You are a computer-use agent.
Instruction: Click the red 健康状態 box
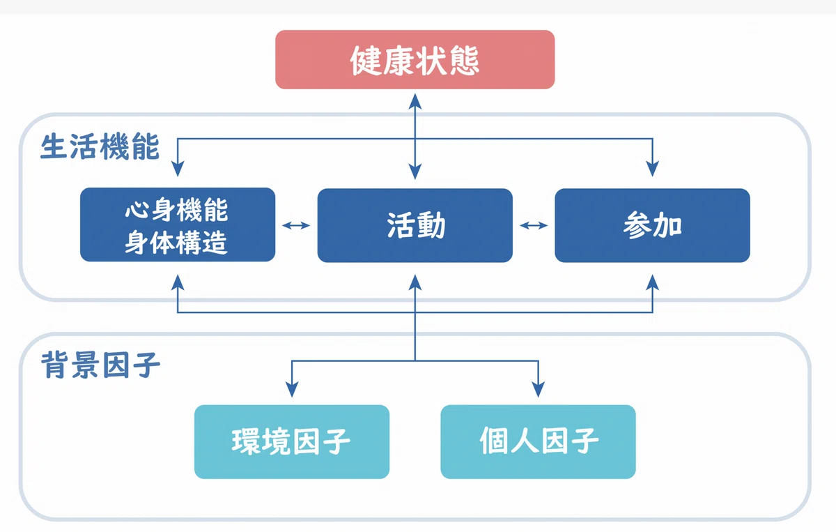(x=415, y=60)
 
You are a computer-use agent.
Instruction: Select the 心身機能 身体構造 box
(x=178, y=225)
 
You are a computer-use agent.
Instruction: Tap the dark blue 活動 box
(x=415, y=225)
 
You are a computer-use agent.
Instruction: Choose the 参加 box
(x=652, y=225)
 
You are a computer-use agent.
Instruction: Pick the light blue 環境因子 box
(x=292, y=441)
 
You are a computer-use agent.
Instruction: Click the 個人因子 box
(x=538, y=441)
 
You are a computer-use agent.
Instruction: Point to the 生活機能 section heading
(x=100, y=146)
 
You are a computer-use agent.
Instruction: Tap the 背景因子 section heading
(x=100, y=365)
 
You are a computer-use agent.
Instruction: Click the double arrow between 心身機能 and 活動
(x=296, y=225)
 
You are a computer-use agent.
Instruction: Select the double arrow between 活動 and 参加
(x=534, y=225)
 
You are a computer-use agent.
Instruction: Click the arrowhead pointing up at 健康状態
(x=415, y=101)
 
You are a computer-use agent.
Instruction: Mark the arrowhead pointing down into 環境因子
(x=292, y=389)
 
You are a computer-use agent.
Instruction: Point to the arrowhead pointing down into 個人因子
(x=538, y=389)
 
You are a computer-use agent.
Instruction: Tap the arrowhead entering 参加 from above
(x=652, y=169)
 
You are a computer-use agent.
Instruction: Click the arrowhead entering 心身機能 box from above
(x=178, y=169)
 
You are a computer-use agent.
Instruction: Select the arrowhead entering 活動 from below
(x=415, y=282)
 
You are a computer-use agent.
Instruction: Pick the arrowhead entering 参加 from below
(x=652, y=282)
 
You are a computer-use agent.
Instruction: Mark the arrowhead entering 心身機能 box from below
(x=178, y=282)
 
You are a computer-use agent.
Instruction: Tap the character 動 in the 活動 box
(x=431, y=225)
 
